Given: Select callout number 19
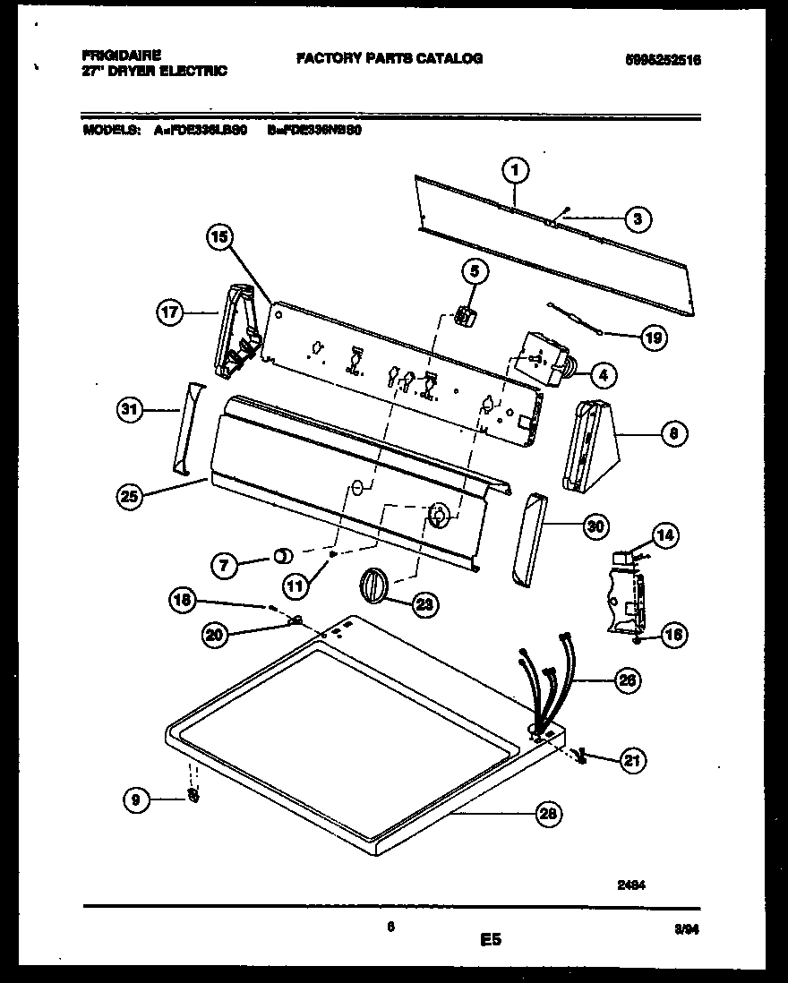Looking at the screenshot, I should [x=654, y=338].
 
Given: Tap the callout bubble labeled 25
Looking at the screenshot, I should [x=130, y=497].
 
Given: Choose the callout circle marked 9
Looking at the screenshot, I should [x=136, y=801].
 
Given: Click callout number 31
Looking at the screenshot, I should [x=130, y=411].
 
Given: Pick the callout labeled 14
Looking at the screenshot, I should [x=664, y=536].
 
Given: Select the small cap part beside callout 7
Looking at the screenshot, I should [x=282, y=556].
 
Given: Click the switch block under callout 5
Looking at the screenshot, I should [x=464, y=315].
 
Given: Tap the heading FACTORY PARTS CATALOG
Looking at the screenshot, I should [x=390, y=58].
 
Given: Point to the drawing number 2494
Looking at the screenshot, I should [x=632, y=882].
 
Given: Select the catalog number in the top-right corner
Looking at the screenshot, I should [x=663, y=60].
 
